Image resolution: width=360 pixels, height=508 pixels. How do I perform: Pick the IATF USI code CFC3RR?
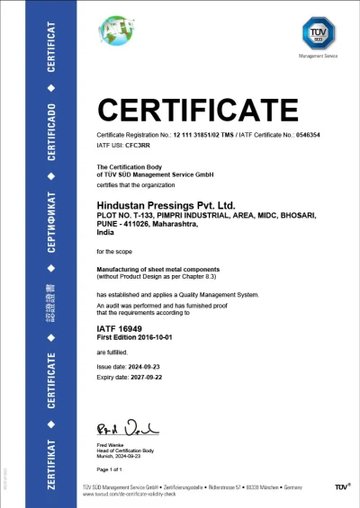pyautogui.click(x=139, y=144)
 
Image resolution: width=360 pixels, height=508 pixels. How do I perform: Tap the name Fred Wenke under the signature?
pyautogui.click(x=110, y=444)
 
